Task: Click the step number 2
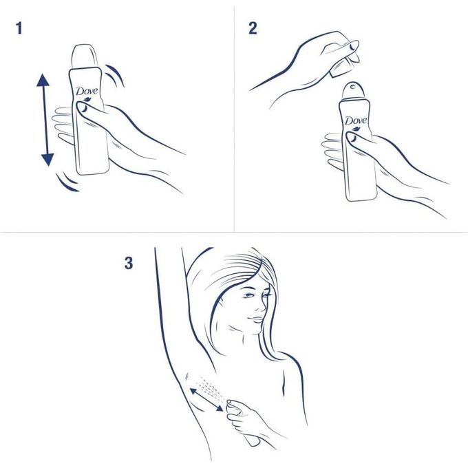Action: (253, 28)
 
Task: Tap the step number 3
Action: (129, 263)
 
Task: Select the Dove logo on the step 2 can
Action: (356, 121)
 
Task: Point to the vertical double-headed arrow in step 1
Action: (45, 121)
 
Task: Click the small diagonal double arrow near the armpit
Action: (206, 399)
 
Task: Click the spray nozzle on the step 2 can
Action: (352, 89)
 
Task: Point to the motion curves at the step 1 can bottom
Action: (67, 182)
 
